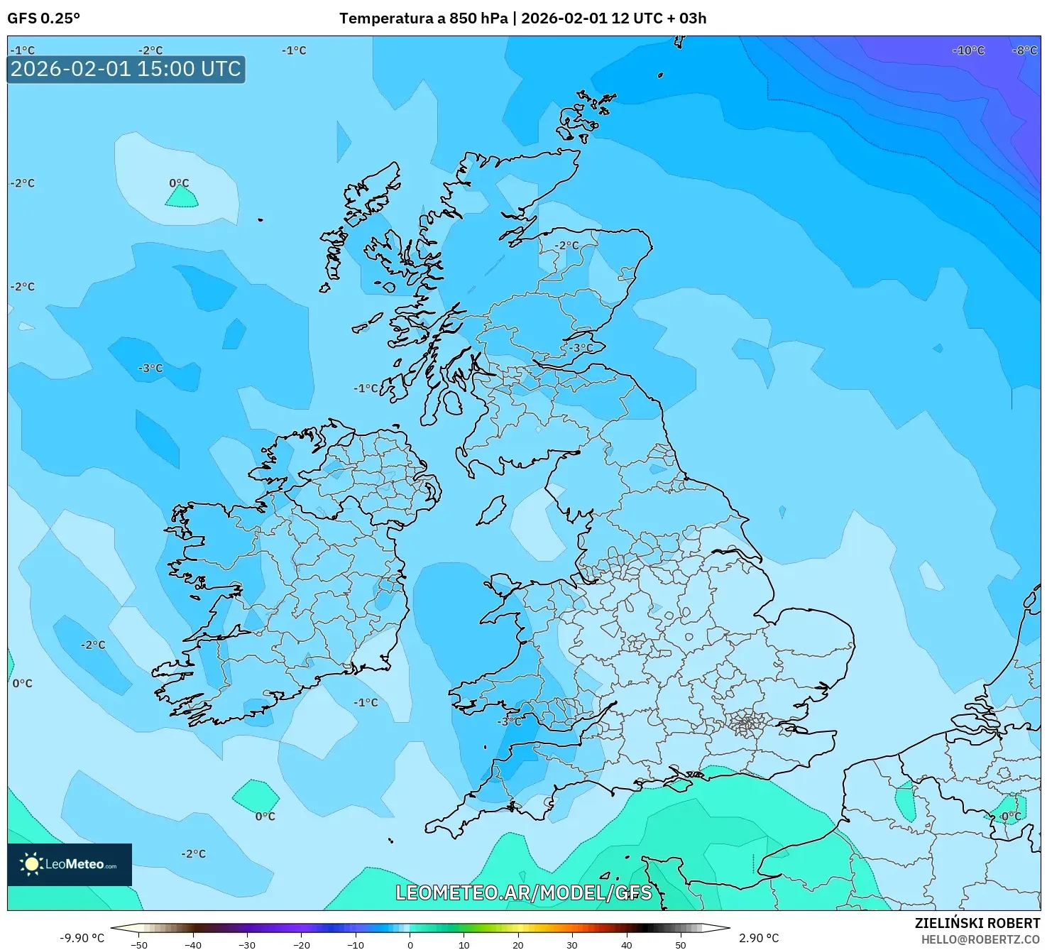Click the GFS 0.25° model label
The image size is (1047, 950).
pyautogui.click(x=43, y=18)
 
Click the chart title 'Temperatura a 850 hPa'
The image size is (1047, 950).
pyautogui.click(x=423, y=18)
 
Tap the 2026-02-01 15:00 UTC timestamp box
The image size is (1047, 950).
pyautogui.click(x=126, y=69)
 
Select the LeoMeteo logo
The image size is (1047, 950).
pyautogui.click(x=70, y=864)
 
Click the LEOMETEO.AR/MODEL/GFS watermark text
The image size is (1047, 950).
pyautogui.click(x=523, y=892)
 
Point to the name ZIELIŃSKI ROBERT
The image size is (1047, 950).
pyautogui.click(x=977, y=923)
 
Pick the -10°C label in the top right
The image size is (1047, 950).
pyautogui.click(x=968, y=50)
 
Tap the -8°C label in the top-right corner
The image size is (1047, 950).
pyautogui.click(x=1024, y=50)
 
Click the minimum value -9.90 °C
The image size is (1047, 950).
pyautogui.click(x=82, y=938)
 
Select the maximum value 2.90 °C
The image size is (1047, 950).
pyautogui.click(x=759, y=938)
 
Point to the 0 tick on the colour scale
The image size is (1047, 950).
pyautogui.click(x=410, y=945)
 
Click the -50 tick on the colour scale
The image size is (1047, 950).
pyautogui.click(x=139, y=945)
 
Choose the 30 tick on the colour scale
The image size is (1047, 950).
pyautogui.click(x=572, y=945)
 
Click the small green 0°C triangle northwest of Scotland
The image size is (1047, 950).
pyautogui.click(x=182, y=198)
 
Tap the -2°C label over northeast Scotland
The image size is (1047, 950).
pyautogui.click(x=566, y=245)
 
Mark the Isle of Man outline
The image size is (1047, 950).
pyautogui.click(x=491, y=510)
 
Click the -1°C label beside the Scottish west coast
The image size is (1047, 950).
pyautogui.click(x=366, y=388)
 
